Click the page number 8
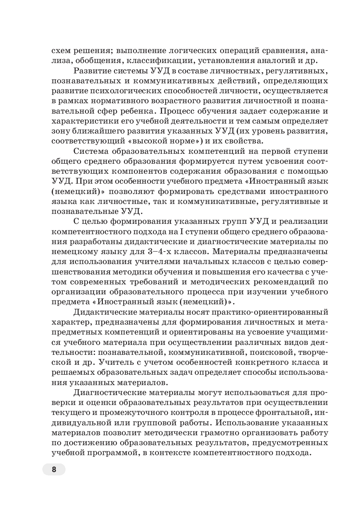(x=54, y=470)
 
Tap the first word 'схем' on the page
(x=61, y=51)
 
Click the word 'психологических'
(x=136, y=91)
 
